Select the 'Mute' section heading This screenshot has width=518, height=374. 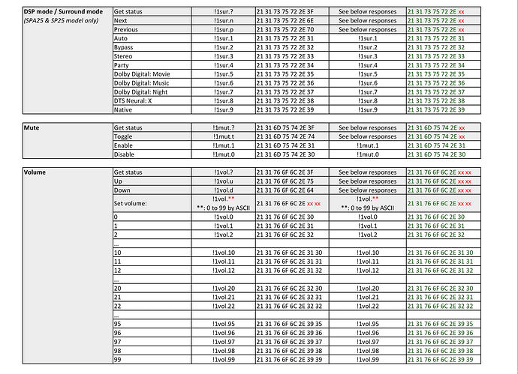(32, 129)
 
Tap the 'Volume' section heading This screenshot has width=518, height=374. (35, 172)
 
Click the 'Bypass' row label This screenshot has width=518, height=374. (125, 47)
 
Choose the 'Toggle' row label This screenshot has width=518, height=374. (125, 137)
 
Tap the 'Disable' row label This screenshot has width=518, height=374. (125, 154)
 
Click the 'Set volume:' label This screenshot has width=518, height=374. (132, 202)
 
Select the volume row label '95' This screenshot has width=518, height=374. (117, 324)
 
